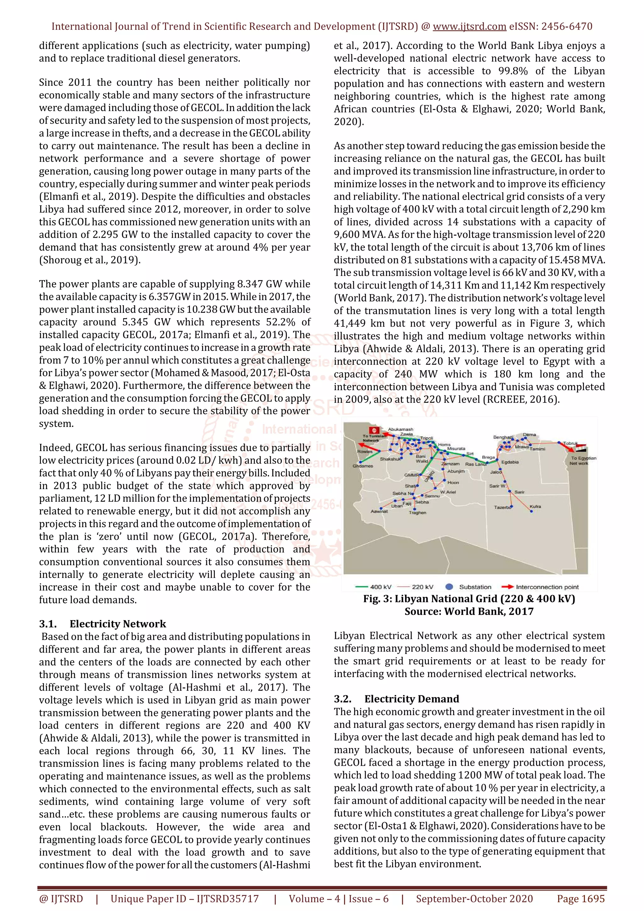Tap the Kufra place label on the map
click(x=535, y=507)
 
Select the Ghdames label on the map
click(x=363, y=466)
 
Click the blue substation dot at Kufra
click(x=531, y=511)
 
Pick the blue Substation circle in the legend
click(x=449, y=587)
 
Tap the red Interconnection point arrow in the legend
click(x=508, y=587)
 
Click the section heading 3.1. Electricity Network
click(x=103, y=624)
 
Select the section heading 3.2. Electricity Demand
click(x=397, y=699)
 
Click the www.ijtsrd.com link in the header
click(x=469, y=27)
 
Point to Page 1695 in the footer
click(x=580, y=899)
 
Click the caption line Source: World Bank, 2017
click(x=469, y=611)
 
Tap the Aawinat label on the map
click(x=379, y=511)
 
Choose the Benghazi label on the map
click(x=503, y=437)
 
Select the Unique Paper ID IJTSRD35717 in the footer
click(x=185, y=899)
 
